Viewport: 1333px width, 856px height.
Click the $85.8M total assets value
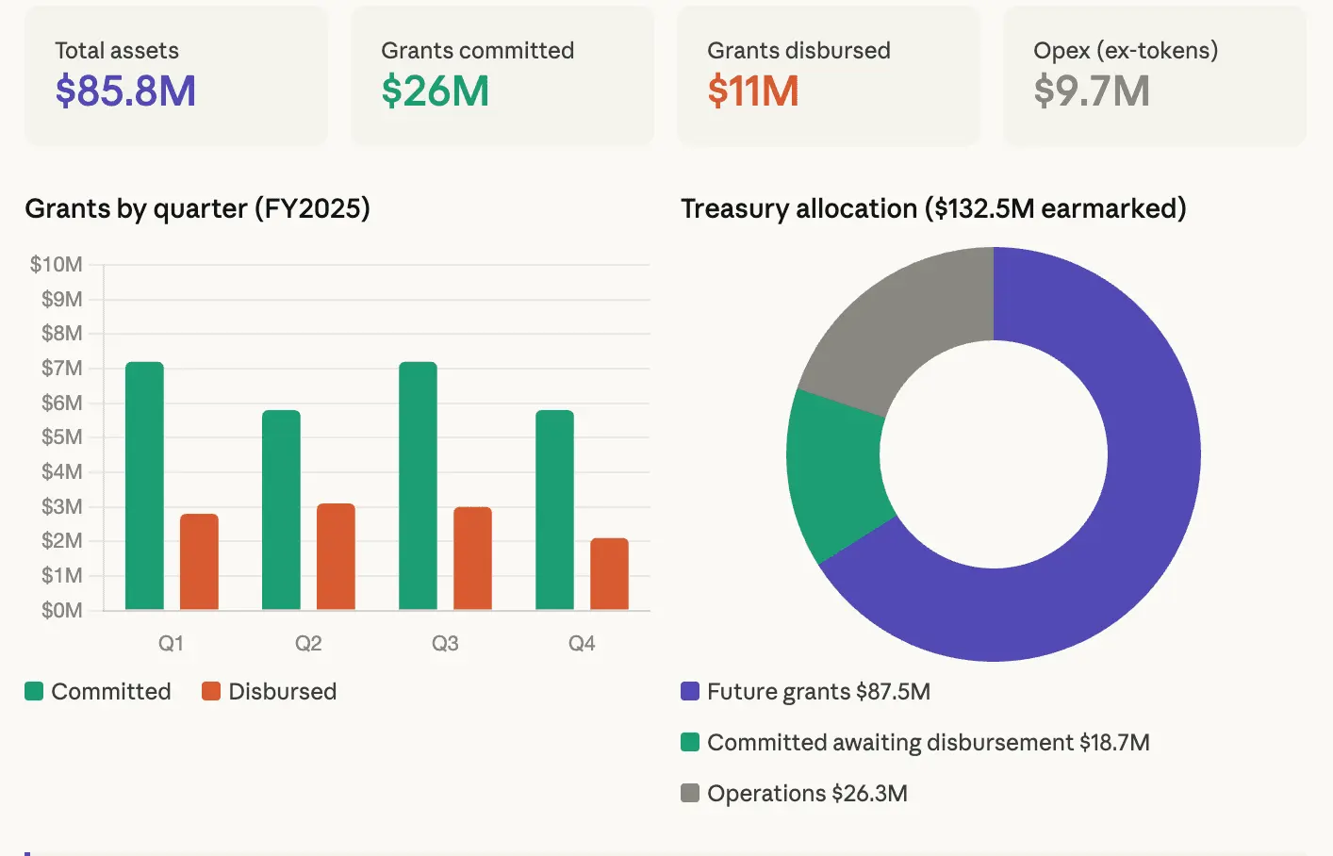click(x=125, y=91)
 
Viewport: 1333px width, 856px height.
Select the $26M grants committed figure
click(x=435, y=91)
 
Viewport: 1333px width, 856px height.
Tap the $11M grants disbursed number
click(x=752, y=91)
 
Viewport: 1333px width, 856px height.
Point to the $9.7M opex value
click(x=1091, y=91)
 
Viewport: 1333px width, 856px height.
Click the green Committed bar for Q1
click(x=144, y=486)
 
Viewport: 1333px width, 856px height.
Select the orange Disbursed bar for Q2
click(x=336, y=556)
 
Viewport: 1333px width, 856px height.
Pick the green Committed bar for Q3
click(x=418, y=486)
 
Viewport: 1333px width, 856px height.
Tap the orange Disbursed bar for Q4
click(x=609, y=573)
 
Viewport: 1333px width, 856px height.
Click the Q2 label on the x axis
click(x=308, y=643)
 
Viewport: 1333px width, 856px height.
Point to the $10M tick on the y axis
click(x=57, y=264)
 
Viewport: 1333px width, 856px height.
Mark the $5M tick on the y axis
click(x=61, y=436)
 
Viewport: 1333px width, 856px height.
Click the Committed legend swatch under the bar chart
click(x=34, y=691)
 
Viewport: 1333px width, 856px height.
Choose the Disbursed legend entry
click(x=270, y=691)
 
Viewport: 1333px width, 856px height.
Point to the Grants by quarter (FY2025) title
click(x=197, y=208)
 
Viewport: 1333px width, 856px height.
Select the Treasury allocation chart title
click(x=932, y=208)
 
